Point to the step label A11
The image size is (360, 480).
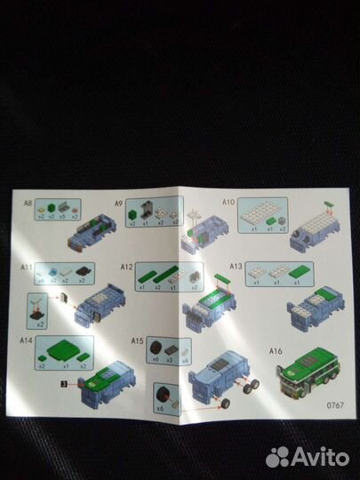pos(27,267)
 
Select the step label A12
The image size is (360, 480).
pos(125,267)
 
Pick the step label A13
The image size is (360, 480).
pos(236,266)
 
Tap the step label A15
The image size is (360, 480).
pos(137,340)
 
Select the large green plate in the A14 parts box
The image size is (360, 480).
pos(62,348)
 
